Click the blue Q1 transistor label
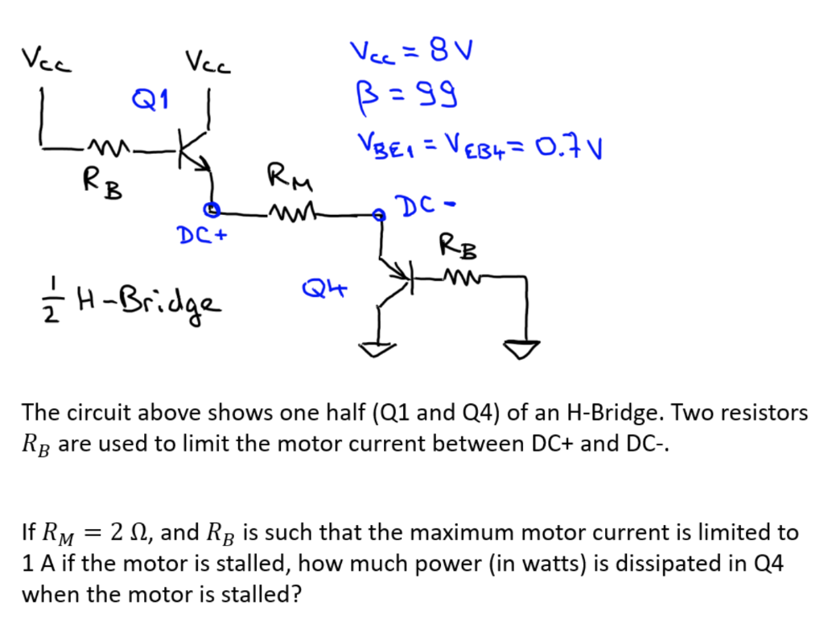tap(151, 101)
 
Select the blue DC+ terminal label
tap(202, 235)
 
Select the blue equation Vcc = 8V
tap(410, 55)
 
